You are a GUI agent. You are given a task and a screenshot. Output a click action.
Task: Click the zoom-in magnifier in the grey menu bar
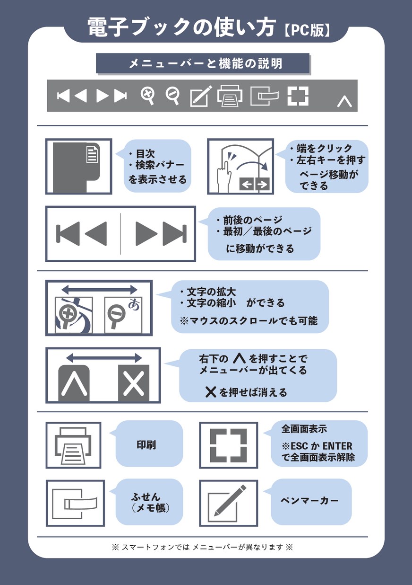(147, 96)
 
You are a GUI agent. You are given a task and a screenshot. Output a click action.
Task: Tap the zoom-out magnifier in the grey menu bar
(172, 96)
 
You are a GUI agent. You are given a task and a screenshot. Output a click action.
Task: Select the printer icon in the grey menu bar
(230, 96)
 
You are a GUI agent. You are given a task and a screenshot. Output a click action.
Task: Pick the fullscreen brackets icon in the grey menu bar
(298, 96)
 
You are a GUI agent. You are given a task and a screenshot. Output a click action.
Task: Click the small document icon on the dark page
(92, 154)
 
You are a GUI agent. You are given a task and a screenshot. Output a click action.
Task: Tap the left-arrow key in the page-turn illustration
(247, 185)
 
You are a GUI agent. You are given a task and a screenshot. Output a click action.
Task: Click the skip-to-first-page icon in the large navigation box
(68, 233)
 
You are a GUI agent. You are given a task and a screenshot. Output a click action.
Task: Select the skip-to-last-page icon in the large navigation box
(175, 233)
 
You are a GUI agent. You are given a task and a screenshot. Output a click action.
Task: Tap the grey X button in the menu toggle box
(134, 383)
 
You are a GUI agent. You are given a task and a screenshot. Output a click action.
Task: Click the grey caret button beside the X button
(74, 383)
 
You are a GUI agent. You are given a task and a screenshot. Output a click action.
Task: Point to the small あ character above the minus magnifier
(134, 304)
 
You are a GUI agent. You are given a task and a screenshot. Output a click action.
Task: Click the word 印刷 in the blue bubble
(146, 444)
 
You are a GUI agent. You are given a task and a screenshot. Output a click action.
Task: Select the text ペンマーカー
(309, 500)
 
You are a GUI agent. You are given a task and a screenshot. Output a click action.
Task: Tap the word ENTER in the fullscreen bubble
(338, 446)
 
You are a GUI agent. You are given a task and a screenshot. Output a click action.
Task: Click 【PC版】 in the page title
(307, 30)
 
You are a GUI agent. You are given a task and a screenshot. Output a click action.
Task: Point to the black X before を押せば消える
(211, 392)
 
